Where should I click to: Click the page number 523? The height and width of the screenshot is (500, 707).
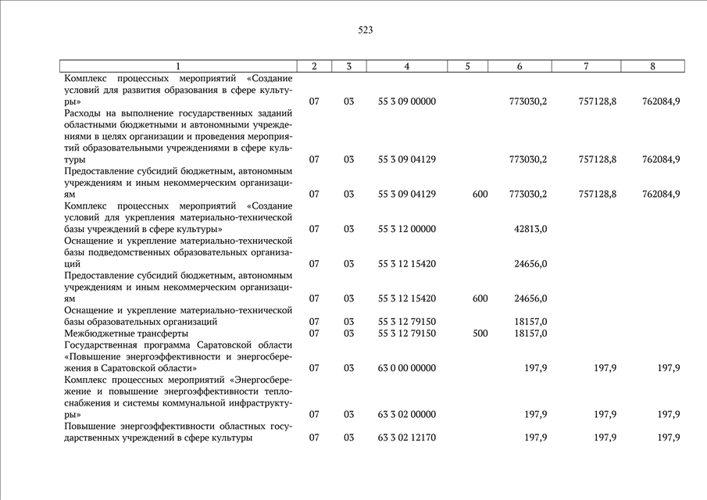pyautogui.click(x=366, y=30)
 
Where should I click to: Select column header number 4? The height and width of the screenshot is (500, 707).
pyautogui.click(x=406, y=66)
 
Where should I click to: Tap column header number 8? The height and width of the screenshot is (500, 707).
pyautogui.click(x=652, y=66)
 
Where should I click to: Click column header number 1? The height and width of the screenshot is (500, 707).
pyautogui.click(x=178, y=66)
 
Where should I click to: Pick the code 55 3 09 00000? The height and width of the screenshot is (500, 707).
pyautogui.click(x=406, y=102)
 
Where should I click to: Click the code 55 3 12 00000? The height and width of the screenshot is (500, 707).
pyautogui.click(x=406, y=229)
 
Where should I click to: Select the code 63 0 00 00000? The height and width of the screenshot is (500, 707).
pyautogui.click(x=406, y=368)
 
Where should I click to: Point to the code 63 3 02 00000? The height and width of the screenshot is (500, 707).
pyautogui.click(x=406, y=414)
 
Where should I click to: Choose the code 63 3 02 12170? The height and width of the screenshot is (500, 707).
pyautogui.click(x=406, y=437)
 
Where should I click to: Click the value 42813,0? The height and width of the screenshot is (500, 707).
pyautogui.click(x=530, y=229)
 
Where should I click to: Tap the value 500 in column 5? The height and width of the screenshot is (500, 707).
pyautogui.click(x=480, y=333)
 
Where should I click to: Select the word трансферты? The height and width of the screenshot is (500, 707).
pyautogui.click(x=161, y=333)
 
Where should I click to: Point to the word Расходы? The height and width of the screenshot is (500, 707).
pyautogui.click(x=85, y=113)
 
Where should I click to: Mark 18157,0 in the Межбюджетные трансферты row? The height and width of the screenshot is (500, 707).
pyautogui.click(x=530, y=333)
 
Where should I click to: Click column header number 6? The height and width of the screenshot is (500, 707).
pyautogui.click(x=520, y=66)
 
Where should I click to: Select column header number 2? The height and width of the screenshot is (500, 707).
pyautogui.click(x=314, y=66)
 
